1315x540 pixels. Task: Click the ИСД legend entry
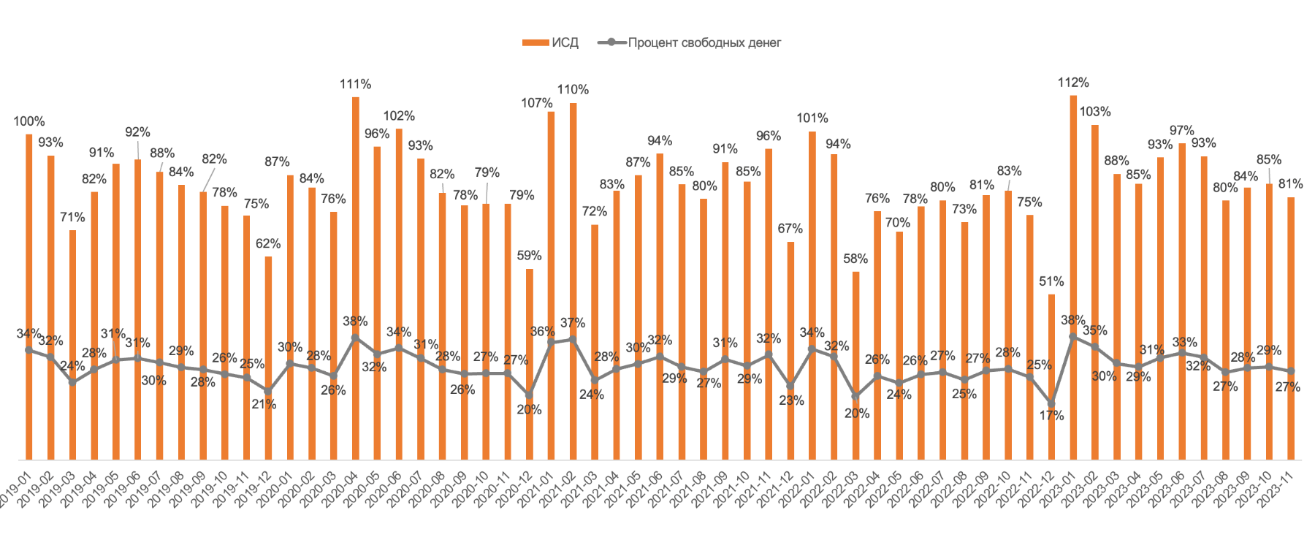(x=551, y=42)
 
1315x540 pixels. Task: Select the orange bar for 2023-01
(x=1073, y=219)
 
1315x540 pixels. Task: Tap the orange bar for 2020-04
(x=355, y=219)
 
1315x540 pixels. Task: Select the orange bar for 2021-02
(x=573, y=219)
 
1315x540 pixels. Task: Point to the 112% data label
(x=1073, y=83)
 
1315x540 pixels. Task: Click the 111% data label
(x=355, y=84)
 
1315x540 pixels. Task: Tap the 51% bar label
(x=1051, y=281)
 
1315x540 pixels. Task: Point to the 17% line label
(x=1051, y=415)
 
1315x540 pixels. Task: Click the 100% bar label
(x=29, y=121)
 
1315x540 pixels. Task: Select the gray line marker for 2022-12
(x=1051, y=403)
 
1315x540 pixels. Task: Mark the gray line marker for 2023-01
(x=1073, y=337)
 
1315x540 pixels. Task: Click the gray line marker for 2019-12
(x=268, y=391)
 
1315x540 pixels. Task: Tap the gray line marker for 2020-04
(x=355, y=338)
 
